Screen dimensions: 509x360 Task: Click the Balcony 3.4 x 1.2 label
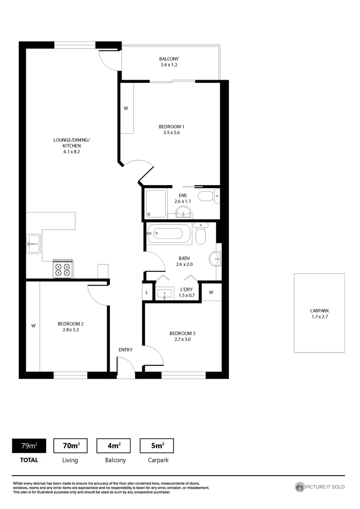pyautogui.click(x=169, y=62)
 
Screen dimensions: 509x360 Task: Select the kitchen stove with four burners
pyautogui.click(x=63, y=269)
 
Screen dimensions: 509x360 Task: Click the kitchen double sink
pyautogui.click(x=33, y=244)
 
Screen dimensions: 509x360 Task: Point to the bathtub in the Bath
pyautogui.click(x=169, y=233)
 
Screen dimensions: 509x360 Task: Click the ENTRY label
pyautogui.click(x=126, y=350)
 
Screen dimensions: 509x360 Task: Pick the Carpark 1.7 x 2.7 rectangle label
pyautogui.click(x=319, y=313)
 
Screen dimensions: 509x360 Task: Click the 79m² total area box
pyautogui.click(x=28, y=445)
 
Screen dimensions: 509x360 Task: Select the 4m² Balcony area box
pyautogui.click(x=114, y=445)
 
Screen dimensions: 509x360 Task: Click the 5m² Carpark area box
pyautogui.click(x=157, y=445)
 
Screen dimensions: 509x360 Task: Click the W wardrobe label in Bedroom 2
pyautogui.click(x=33, y=326)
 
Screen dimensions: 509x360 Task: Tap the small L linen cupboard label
pyautogui.click(x=147, y=293)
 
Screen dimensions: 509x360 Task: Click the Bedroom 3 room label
pyautogui.click(x=182, y=337)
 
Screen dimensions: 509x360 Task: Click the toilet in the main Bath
pyautogui.click(x=200, y=233)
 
